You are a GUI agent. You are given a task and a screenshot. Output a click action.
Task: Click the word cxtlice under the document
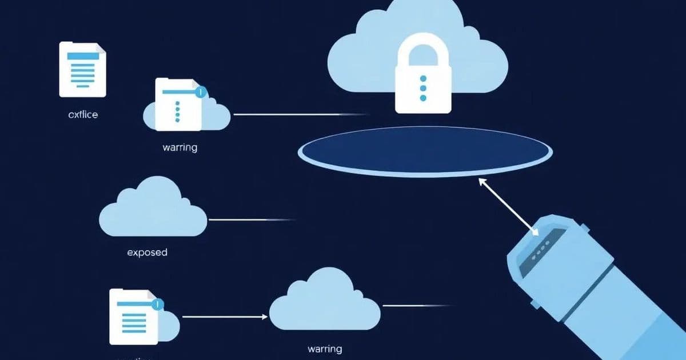click(83, 114)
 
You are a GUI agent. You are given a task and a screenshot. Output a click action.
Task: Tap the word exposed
click(147, 251)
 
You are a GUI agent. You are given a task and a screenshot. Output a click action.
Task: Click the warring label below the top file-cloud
click(180, 147)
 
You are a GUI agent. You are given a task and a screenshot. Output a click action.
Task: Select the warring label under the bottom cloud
click(324, 348)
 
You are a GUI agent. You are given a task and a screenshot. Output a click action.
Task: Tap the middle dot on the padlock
click(423, 88)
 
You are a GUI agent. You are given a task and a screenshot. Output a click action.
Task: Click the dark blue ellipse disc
click(425, 151)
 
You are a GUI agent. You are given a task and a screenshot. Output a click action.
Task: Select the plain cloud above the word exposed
click(153, 209)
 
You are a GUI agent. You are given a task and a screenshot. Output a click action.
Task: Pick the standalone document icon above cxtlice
click(83, 69)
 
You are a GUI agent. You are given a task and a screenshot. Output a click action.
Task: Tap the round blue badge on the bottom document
click(158, 304)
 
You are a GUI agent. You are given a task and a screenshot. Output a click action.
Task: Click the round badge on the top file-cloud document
click(200, 91)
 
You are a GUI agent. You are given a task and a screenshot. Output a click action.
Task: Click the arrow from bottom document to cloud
click(225, 316)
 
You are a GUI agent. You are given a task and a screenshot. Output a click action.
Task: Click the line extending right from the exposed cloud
click(252, 219)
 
